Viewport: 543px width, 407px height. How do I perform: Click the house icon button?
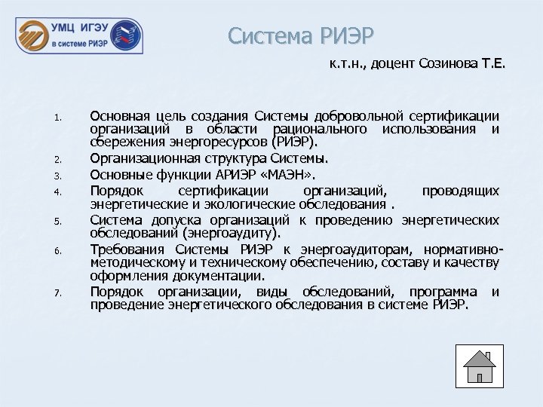pos(480,365)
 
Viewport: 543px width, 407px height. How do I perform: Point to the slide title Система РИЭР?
pos(301,35)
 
